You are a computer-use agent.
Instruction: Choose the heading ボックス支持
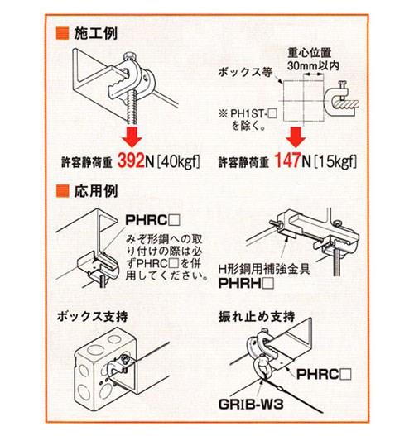(x=89, y=317)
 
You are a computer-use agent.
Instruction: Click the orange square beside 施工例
(x=62, y=36)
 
